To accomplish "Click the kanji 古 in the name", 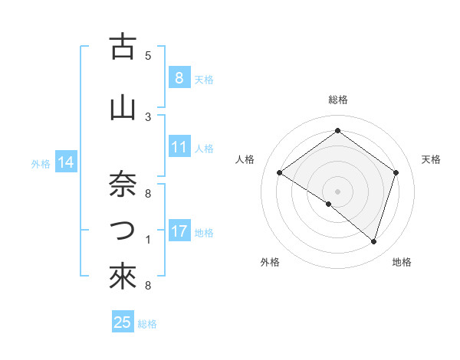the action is (122, 48).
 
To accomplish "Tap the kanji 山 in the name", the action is (122, 108).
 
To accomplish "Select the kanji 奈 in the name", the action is (122, 183).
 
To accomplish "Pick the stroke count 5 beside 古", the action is (148, 56).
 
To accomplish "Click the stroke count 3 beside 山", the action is (148, 116).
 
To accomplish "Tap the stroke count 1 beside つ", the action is (148, 240).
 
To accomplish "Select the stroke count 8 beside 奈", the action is (148, 192).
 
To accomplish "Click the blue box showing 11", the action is (179, 147).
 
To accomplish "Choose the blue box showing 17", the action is (179, 231).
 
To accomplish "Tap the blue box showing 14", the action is (66, 162).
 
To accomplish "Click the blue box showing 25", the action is (123, 322).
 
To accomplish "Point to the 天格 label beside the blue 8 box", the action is (204, 80).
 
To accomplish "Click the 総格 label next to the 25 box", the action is (147, 324).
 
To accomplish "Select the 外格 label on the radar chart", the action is (270, 262).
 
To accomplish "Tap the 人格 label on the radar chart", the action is (245, 159).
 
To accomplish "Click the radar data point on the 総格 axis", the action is (337, 131).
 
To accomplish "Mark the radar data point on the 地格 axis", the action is (373, 241).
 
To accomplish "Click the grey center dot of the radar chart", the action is (337, 190).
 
